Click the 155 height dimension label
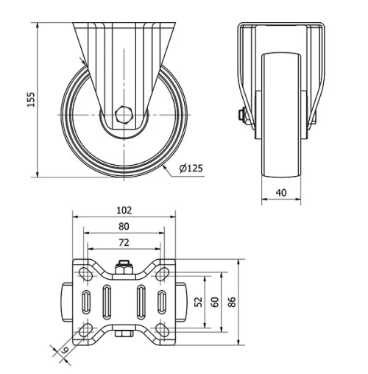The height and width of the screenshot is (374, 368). click(31, 100)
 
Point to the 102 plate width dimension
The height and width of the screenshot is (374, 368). click(124, 209)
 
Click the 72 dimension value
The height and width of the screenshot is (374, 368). click(124, 241)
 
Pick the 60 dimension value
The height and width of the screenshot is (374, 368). click(214, 302)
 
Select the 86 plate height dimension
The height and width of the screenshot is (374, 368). click(232, 302)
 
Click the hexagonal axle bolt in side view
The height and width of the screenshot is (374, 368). click(124, 116)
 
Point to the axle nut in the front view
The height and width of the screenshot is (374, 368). click(241, 116)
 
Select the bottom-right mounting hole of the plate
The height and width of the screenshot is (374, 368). click(161, 328)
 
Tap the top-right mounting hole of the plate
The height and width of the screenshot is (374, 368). click(161, 275)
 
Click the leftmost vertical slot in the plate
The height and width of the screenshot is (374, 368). click(87, 302)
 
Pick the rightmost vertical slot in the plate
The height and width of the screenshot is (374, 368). click(161, 302)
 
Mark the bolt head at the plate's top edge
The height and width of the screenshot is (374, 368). click(124, 267)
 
